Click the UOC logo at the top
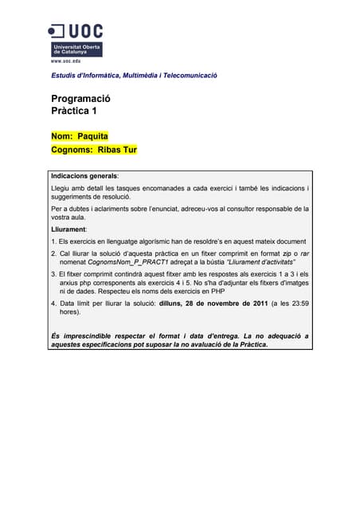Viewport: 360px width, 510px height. pos(76,38)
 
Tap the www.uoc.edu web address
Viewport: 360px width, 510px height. pos(65,60)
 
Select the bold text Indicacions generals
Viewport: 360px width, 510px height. pos(84,175)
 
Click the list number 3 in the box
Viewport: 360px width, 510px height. pos(53,274)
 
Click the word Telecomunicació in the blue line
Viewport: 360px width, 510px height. pos(187,76)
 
